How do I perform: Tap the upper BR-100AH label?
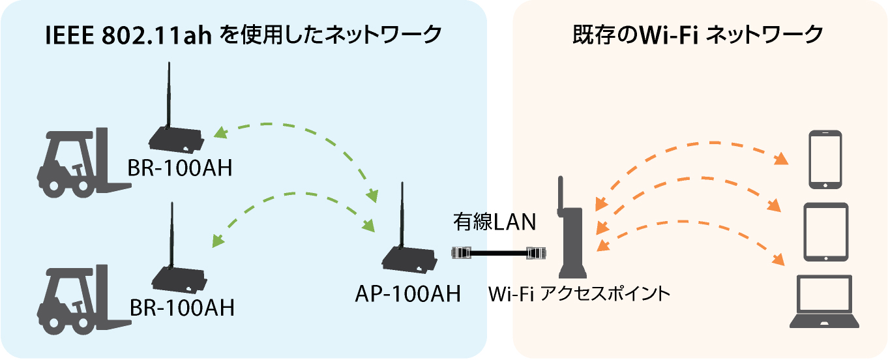179,168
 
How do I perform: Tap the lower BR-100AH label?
182,308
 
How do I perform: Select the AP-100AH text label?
408,293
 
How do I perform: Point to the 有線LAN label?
494,221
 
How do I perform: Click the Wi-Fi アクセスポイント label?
579,293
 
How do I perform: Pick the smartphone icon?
825,159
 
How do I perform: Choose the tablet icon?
826,232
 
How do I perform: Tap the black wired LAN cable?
499,252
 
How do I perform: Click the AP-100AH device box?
409,260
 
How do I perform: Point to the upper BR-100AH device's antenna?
168,95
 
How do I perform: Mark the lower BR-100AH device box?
179,279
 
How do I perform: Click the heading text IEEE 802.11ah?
128,35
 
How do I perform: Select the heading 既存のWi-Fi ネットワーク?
698,35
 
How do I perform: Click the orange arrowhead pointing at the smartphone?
781,158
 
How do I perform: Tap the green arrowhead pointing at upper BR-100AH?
220,132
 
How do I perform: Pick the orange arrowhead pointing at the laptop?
778,259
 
